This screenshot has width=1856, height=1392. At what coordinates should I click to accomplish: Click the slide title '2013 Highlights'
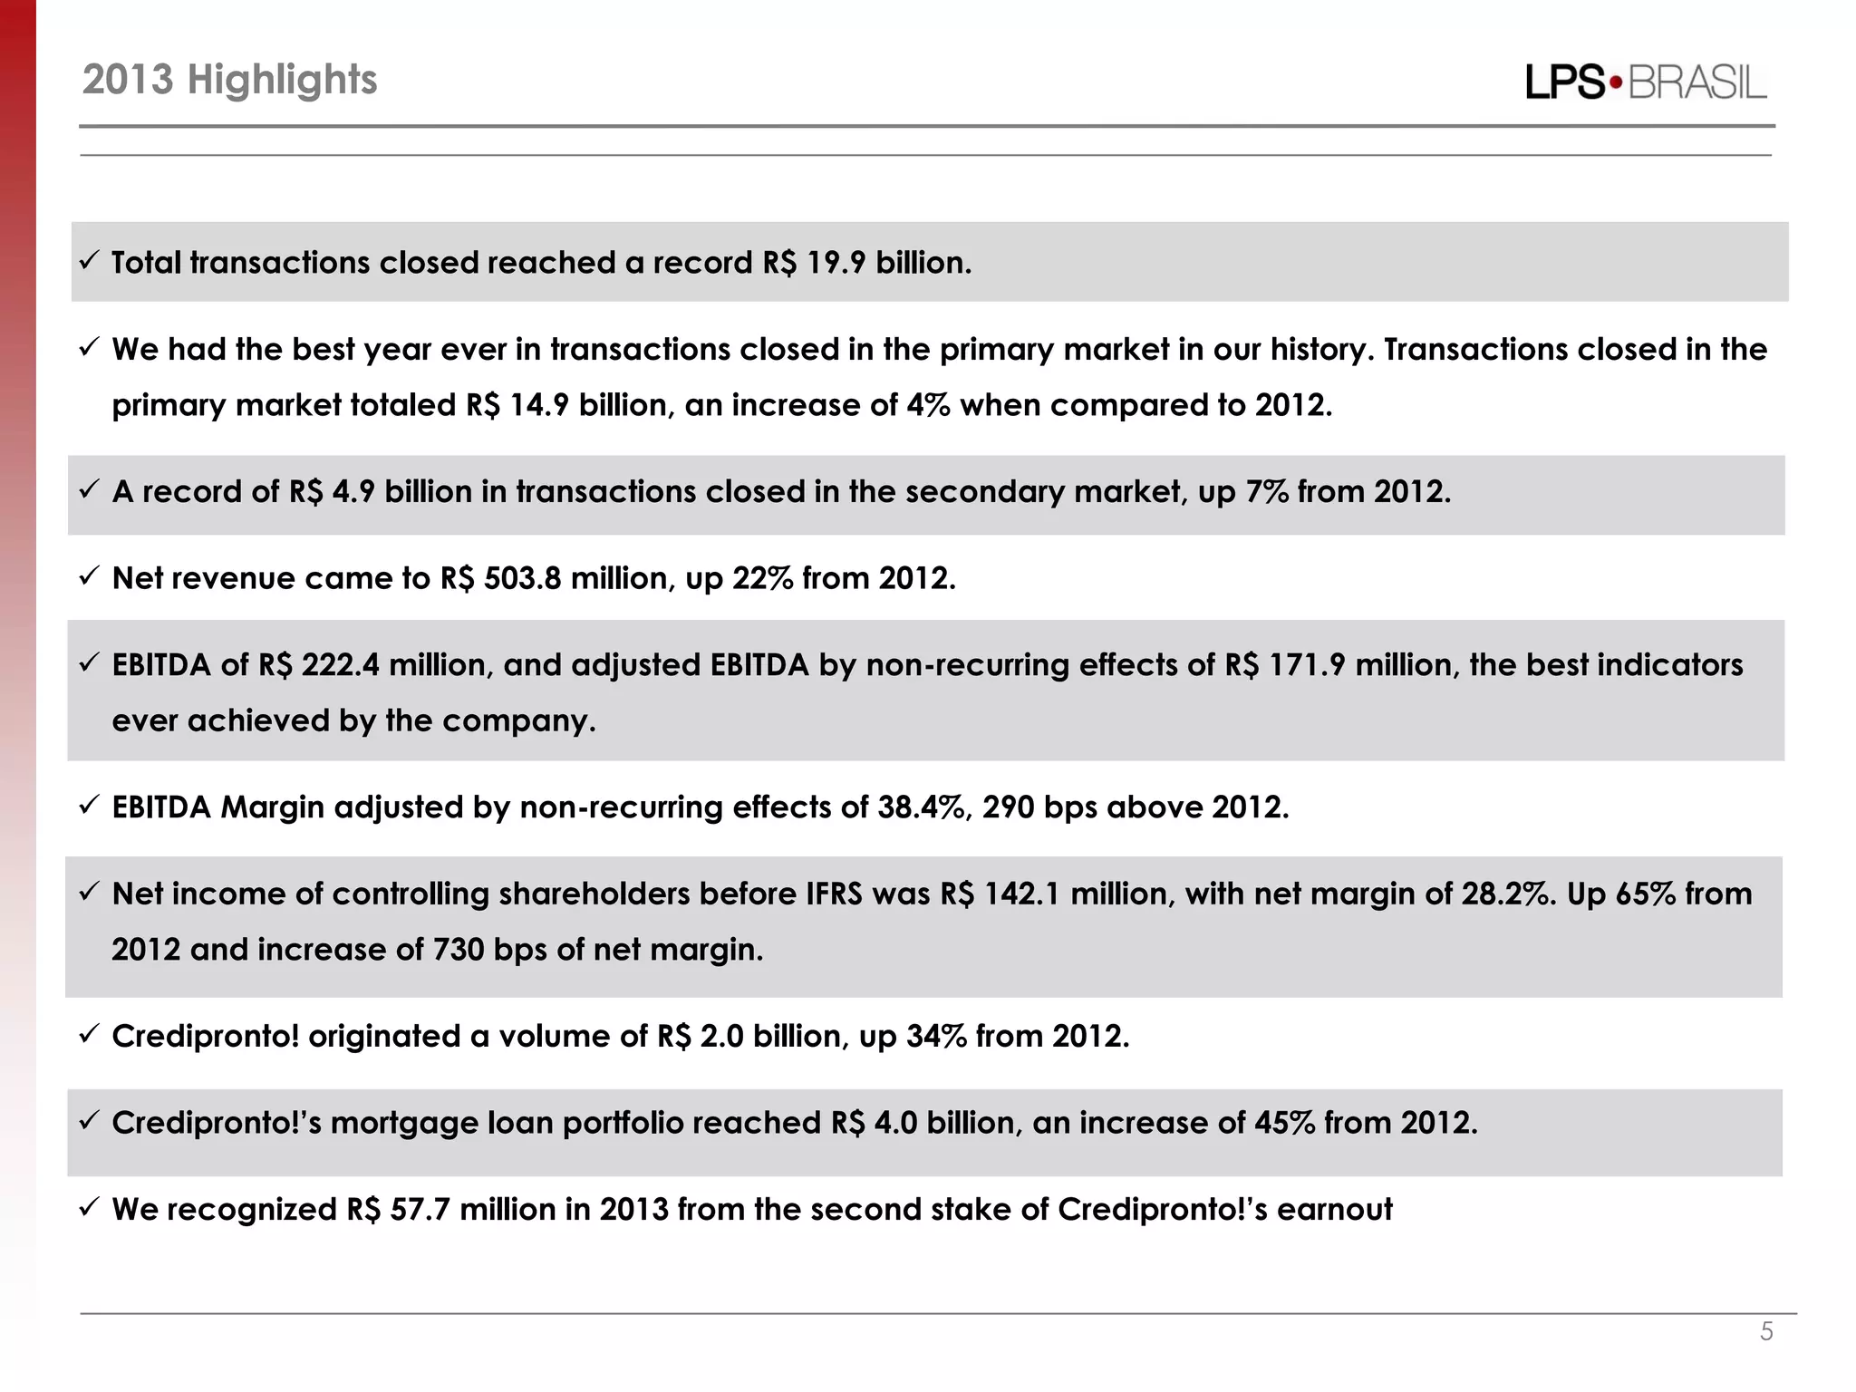(229, 80)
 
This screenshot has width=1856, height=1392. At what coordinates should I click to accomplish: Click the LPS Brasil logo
(1646, 82)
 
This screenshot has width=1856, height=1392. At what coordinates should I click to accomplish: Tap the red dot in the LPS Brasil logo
(1616, 83)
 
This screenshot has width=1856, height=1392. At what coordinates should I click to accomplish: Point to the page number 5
(1766, 1331)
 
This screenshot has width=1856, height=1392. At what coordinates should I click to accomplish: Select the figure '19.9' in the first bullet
(836, 263)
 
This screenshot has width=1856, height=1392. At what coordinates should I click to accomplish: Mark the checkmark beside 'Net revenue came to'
(89, 576)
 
